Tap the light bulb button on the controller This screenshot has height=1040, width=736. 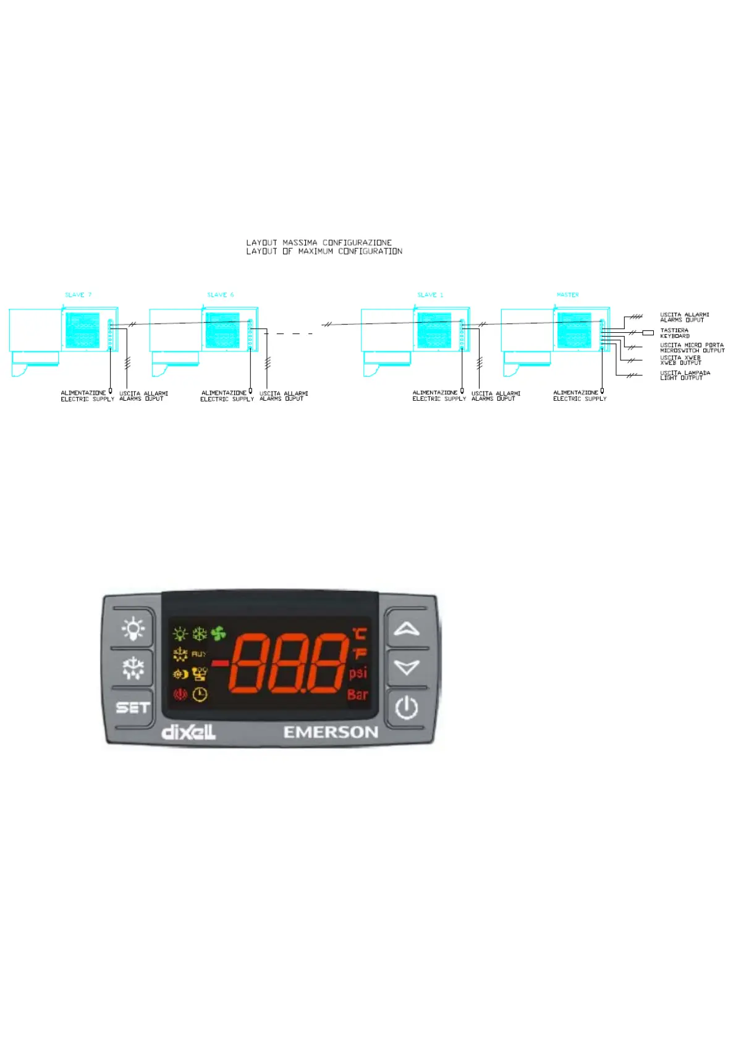pyautogui.click(x=132, y=628)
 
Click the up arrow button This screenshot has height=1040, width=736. pyautogui.click(x=407, y=629)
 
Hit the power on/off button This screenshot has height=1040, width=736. pyautogui.click(x=407, y=707)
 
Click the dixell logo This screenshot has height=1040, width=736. pyautogui.click(x=188, y=732)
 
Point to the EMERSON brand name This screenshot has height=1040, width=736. pyautogui.click(x=331, y=732)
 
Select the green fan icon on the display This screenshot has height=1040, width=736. pyautogui.click(x=218, y=634)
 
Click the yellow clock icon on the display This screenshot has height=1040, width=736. pyautogui.click(x=200, y=695)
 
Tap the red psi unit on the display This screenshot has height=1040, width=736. pyautogui.click(x=358, y=673)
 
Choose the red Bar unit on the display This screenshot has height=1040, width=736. pyautogui.click(x=357, y=695)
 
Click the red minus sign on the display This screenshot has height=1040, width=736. pyautogui.click(x=220, y=663)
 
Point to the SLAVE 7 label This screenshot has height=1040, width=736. pyautogui.click(x=78, y=295)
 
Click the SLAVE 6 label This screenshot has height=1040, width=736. pyautogui.click(x=221, y=295)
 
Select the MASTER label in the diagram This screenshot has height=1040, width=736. pyautogui.click(x=567, y=295)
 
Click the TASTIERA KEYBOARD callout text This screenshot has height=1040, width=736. pyautogui.click(x=674, y=333)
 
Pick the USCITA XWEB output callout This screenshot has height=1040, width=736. pyautogui.click(x=680, y=360)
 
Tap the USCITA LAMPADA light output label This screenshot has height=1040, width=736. pyautogui.click(x=685, y=375)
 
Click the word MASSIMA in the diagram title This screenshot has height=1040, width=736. pyautogui.click(x=300, y=243)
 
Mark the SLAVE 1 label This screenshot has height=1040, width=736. pyautogui.click(x=430, y=295)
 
